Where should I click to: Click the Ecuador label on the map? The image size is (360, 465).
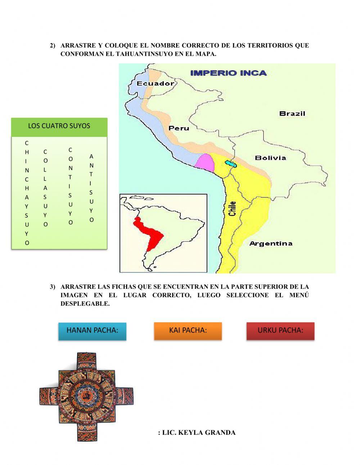click(155, 84)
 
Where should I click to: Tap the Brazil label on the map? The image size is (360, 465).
click(292, 113)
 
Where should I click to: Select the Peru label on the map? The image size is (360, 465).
click(179, 128)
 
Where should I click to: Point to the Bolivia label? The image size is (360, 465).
click(270, 158)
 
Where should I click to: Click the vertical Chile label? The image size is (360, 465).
click(233, 209)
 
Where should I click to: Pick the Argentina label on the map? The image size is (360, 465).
click(271, 243)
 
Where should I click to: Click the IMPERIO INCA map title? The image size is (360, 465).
click(228, 73)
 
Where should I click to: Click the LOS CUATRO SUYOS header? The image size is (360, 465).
click(59, 126)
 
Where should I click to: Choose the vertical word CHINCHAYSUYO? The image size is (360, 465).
click(27, 193)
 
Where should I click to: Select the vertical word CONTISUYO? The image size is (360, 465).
click(71, 186)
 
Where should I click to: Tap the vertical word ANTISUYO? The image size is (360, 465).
click(91, 188)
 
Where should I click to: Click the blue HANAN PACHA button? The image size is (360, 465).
click(93, 331)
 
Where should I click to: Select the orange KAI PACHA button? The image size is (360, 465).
click(188, 331)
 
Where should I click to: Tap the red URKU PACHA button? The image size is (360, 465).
click(280, 331)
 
